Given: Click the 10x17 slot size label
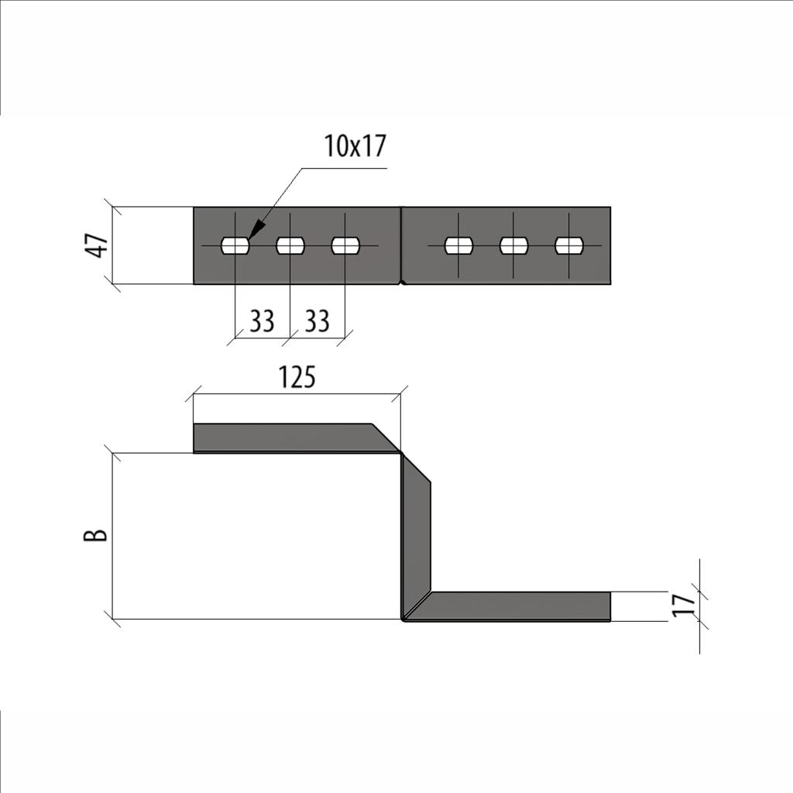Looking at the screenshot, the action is (355, 146).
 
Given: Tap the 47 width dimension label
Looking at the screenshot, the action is (99, 245).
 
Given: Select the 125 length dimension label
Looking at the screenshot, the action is (297, 377).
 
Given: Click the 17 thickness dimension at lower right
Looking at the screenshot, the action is (682, 605).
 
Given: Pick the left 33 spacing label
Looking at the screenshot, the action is (262, 321).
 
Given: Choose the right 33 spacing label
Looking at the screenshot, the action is (317, 321).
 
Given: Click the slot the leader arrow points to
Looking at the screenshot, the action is (235, 245).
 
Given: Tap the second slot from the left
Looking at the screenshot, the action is (290, 245).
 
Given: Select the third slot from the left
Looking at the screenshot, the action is (345, 245).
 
